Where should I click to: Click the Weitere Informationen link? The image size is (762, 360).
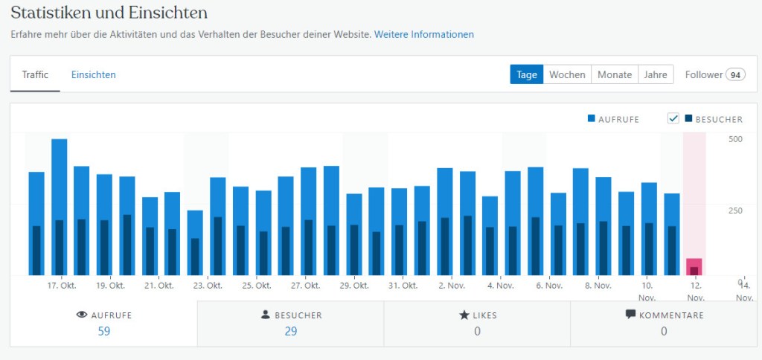pos(423,34)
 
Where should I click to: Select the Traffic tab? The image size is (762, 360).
pos(35,74)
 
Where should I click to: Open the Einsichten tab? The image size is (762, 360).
pos(93,74)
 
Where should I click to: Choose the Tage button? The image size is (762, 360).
pos(527,74)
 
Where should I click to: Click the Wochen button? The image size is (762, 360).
pos(567,74)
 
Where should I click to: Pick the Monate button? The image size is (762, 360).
pos(615,74)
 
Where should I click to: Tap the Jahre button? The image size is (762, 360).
pos(656,74)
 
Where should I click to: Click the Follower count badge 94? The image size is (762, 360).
pos(736,74)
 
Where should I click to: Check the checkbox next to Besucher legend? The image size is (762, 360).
pos(673,119)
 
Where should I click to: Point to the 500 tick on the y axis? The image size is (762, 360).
pos(735,139)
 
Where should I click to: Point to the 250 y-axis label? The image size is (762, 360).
pos(735,210)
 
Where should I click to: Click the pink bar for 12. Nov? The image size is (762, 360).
pos(694,266)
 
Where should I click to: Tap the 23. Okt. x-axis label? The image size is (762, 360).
pos(208,286)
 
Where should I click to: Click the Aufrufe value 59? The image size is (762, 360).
pos(104,331)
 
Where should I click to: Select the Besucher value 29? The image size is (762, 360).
pos(290,331)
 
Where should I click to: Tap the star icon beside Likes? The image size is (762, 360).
pos(464,315)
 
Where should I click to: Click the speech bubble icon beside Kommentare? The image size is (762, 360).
pos(631,315)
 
